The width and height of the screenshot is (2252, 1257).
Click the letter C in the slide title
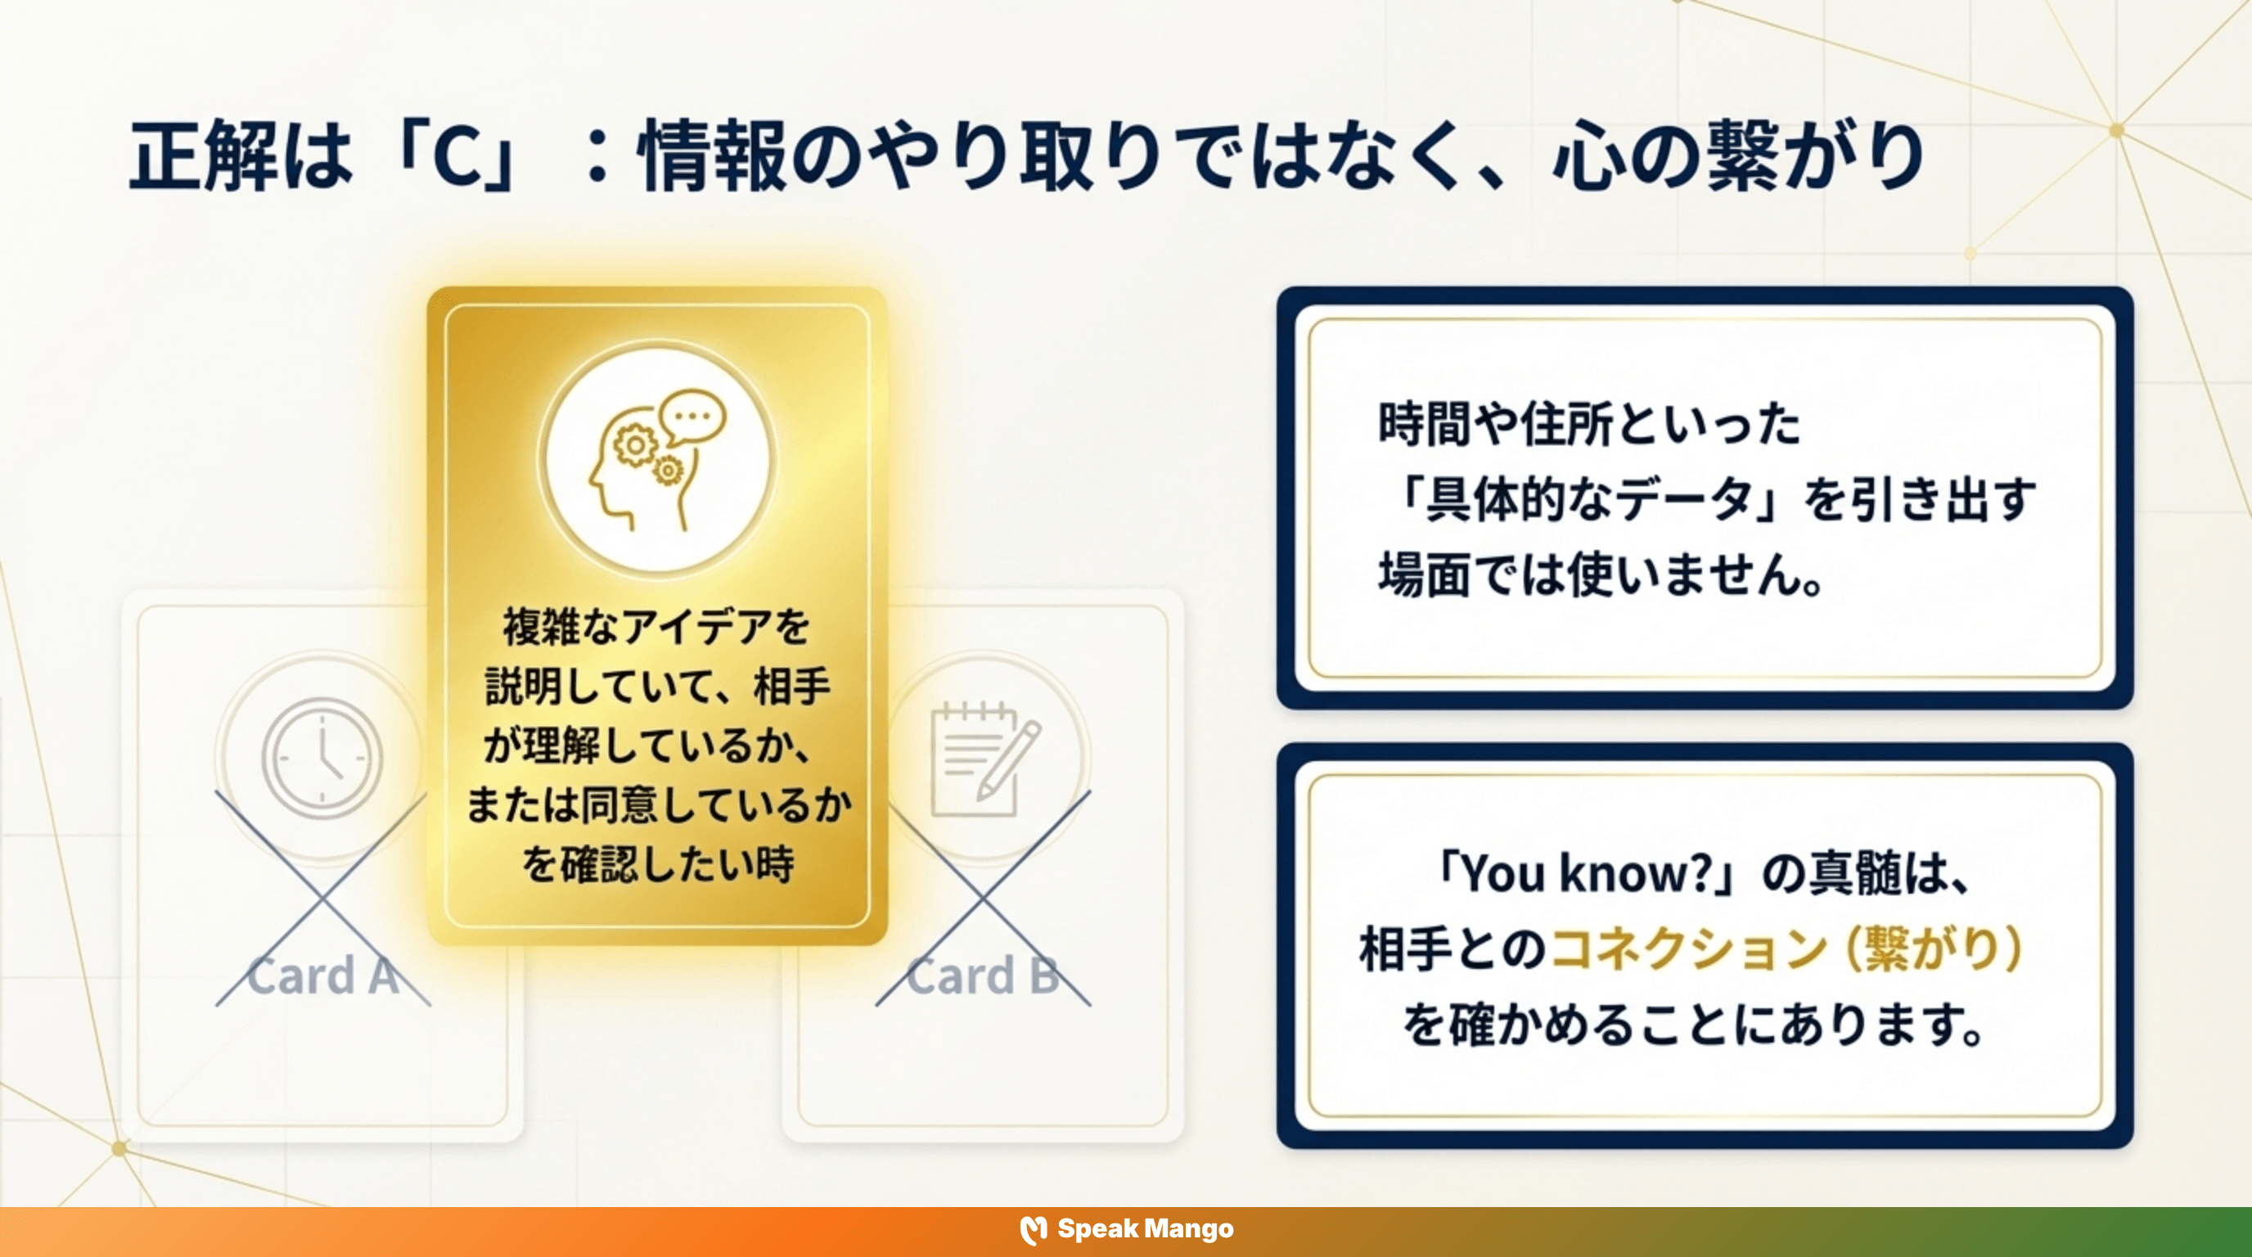click(457, 157)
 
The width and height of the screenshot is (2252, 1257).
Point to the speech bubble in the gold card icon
click(693, 417)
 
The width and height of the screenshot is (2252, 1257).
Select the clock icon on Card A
click(322, 757)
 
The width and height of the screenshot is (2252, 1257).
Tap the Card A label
click(322, 976)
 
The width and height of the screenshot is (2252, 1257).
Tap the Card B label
click(983, 976)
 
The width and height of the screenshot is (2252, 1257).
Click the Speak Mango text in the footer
click(1146, 1229)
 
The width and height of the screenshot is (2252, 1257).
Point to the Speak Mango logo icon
click(1034, 1230)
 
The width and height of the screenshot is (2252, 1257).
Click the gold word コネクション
click(1688, 948)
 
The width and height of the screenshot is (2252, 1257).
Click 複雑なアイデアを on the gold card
click(656, 627)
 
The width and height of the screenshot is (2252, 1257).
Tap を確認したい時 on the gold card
click(657, 864)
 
